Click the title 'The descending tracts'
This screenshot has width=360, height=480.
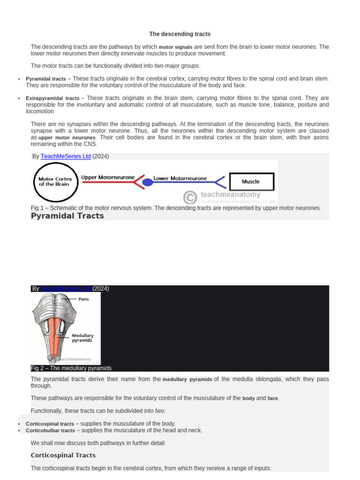click(180, 34)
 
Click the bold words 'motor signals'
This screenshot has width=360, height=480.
click(175, 47)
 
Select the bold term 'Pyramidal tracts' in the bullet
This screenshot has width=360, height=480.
click(46, 79)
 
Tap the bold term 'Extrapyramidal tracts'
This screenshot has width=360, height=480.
click(52, 98)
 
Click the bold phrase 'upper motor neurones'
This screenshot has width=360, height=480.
click(67, 138)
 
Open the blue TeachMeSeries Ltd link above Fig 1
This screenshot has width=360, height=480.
click(66, 157)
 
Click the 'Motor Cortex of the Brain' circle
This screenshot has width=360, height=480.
click(55, 181)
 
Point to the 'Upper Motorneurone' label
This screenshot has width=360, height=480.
click(108, 178)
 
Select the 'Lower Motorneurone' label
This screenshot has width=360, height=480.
click(180, 178)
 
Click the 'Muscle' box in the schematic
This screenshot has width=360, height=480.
click(250, 181)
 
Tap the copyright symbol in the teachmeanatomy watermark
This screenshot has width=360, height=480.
click(189, 197)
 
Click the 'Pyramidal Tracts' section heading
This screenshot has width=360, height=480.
click(67, 216)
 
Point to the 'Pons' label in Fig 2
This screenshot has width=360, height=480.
click(84, 299)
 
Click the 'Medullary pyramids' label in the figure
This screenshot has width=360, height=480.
click(82, 338)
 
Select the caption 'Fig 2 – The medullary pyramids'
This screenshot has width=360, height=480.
click(71, 368)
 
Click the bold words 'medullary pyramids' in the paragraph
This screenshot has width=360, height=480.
click(187, 379)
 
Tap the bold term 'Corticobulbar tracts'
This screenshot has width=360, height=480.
click(50, 430)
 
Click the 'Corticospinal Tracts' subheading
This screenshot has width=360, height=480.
click(63, 455)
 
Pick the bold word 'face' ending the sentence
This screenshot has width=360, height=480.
click(272, 398)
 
